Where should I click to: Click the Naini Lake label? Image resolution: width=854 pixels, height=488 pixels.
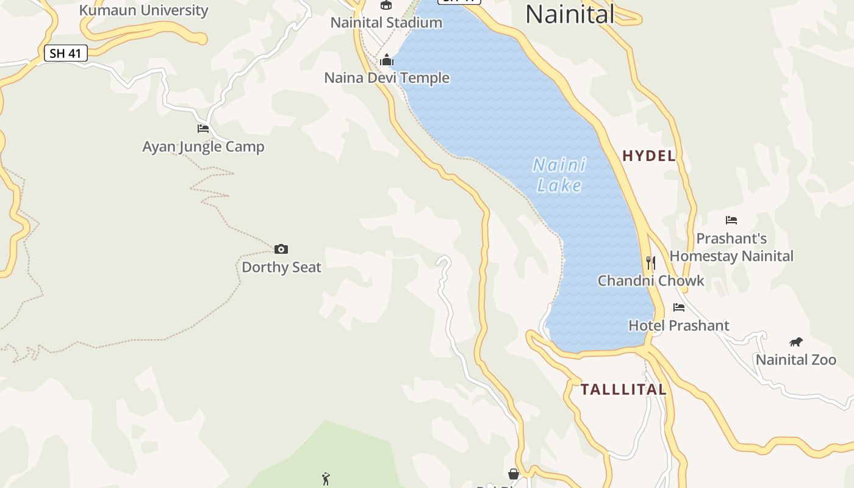559,175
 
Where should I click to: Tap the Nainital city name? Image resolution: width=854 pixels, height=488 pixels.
570,14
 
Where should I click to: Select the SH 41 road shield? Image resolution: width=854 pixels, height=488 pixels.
66,54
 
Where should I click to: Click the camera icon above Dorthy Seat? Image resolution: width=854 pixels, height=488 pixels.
281,249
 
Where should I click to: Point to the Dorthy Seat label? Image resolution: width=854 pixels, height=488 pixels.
281,267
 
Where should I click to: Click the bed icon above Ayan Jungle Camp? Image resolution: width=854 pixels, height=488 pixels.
203,129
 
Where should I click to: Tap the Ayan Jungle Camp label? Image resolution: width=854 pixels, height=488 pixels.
203,147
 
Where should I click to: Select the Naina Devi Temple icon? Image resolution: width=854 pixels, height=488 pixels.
387,60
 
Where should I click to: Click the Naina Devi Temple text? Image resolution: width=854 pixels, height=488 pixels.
387,78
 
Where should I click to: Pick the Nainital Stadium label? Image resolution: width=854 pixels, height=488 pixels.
386,23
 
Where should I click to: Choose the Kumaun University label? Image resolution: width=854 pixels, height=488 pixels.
143,10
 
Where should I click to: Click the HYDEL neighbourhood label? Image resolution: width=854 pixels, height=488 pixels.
649,156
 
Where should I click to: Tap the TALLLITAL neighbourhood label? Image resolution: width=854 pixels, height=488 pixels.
623,390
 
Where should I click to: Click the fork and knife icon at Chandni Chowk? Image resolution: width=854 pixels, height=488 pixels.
651,263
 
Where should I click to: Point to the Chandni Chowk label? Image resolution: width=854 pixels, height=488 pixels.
651,281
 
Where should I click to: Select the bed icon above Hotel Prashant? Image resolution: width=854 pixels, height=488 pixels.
679,307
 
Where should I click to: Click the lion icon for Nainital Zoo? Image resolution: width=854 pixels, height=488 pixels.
796,342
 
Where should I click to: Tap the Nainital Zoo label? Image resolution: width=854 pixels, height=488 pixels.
796,360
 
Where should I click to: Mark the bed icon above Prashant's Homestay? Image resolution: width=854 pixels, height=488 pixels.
731,220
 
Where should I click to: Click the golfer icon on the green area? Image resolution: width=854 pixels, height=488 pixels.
326,479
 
